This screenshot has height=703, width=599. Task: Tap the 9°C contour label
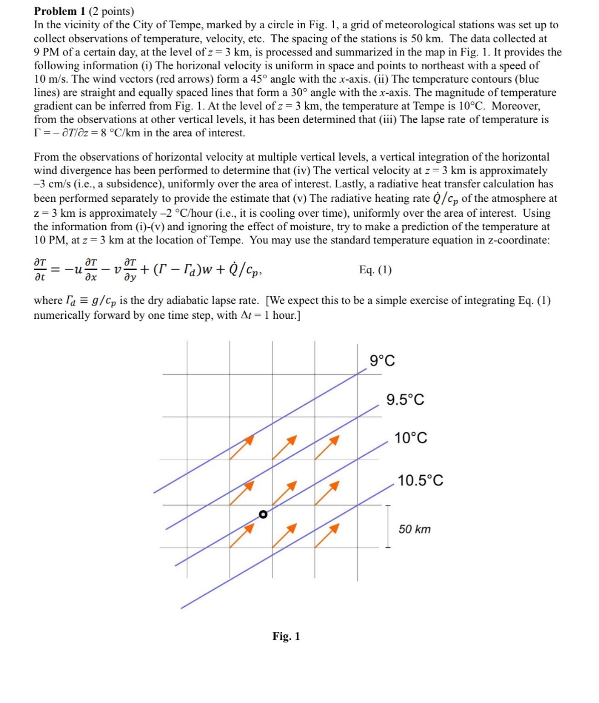pos(382,361)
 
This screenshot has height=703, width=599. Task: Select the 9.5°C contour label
pos(405,400)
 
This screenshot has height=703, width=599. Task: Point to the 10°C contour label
pos(410,439)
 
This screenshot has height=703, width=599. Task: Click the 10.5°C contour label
pos(420,481)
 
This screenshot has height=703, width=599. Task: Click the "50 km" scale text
pos(414,529)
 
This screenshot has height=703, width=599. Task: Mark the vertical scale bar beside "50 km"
pos(388,526)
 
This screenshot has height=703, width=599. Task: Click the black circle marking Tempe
pos(263,514)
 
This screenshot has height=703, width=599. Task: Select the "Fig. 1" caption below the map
pos(286,636)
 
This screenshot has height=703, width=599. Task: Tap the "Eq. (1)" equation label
pos(375,270)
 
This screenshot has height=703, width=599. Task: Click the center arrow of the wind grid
pos(285,492)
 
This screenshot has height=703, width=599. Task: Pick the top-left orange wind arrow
pos(242,447)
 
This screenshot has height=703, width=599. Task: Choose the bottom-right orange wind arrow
pos(327,535)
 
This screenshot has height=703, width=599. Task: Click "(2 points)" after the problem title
pos(111,11)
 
